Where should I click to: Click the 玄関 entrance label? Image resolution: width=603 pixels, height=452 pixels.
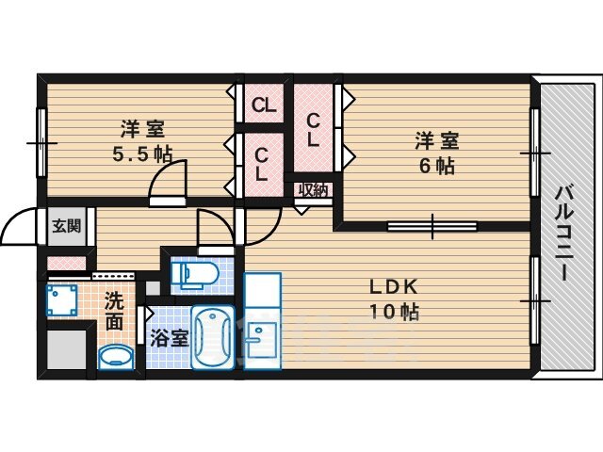(x=67, y=226)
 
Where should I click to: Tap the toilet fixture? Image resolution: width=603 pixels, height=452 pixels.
(x=195, y=274)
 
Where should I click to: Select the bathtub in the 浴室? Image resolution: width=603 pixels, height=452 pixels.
(x=213, y=337)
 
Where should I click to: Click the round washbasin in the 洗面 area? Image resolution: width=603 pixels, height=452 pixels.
(x=116, y=357)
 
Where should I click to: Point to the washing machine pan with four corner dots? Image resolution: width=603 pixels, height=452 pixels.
(x=61, y=299)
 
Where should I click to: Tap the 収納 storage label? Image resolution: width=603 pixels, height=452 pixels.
(x=313, y=190)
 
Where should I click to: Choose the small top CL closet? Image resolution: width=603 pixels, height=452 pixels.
(x=264, y=104)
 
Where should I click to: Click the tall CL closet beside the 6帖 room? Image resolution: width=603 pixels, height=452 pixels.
(x=313, y=129)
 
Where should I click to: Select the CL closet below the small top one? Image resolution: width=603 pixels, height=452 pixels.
(x=264, y=165)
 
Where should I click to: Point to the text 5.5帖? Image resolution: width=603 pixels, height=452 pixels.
(x=142, y=154)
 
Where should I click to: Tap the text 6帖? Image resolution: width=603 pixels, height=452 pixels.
(x=436, y=166)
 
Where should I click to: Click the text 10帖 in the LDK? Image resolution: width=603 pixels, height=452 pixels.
(x=394, y=312)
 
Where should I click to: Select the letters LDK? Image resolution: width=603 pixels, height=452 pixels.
(x=394, y=286)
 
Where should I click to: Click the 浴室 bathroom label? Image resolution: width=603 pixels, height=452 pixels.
(x=170, y=338)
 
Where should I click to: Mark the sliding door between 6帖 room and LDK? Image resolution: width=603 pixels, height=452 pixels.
(x=432, y=226)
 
